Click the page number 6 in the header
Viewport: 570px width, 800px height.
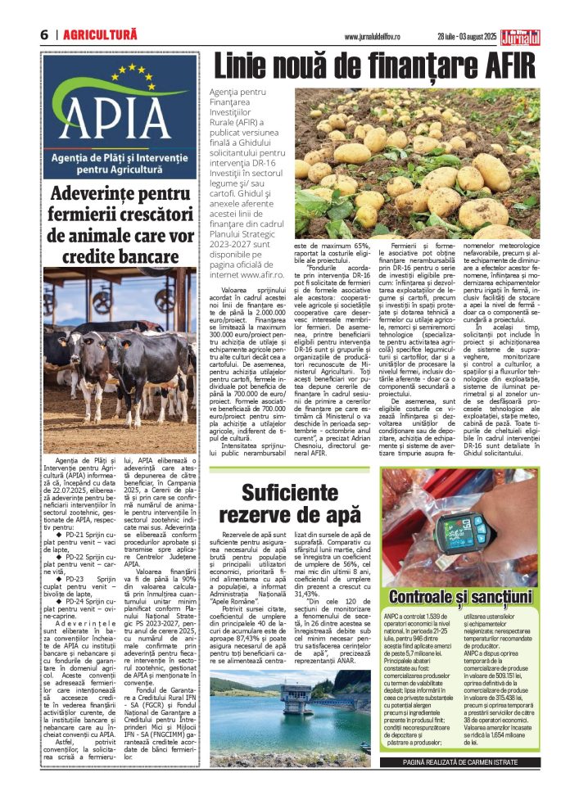[43, 35]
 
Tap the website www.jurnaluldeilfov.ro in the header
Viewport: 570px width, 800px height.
[386, 36]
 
